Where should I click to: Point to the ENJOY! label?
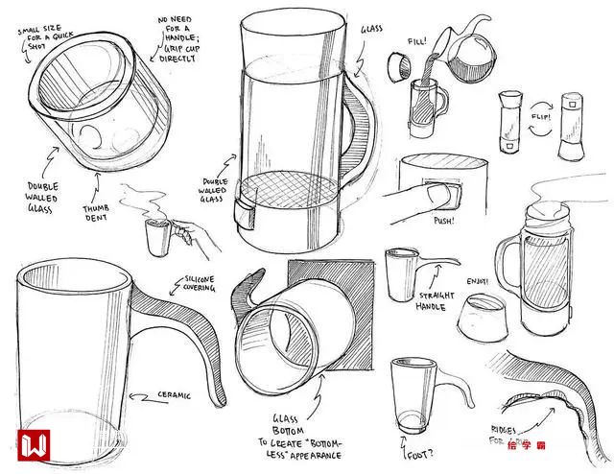point(477,281)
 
